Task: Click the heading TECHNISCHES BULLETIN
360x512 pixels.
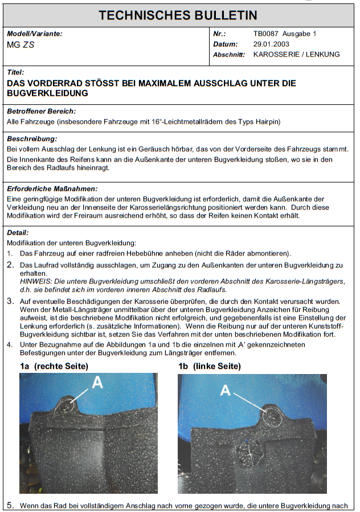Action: click(178, 15)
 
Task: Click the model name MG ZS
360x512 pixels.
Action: click(21, 44)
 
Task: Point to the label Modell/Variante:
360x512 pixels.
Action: click(34, 34)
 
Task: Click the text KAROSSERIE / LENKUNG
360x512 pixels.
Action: click(296, 55)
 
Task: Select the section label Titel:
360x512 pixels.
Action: click(15, 73)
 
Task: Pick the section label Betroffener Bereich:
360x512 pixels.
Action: click(41, 111)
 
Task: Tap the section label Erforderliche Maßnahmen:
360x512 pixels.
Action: click(52, 188)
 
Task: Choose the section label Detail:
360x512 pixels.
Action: click(17, 233)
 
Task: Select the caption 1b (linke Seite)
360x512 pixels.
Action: click(210, 366)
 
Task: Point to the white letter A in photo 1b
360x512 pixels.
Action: click(226, 391)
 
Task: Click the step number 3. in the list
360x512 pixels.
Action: click(10, 302)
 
